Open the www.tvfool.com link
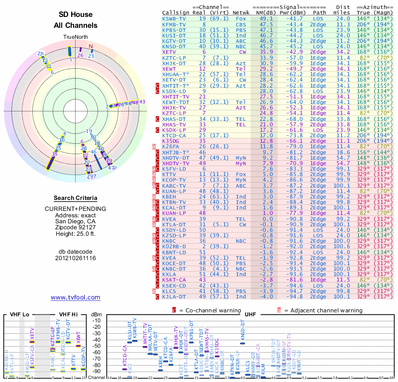[x=76, y=297]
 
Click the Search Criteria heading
[x=76, y=198]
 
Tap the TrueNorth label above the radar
[x=76, y=37]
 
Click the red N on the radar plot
[x=91, y=47]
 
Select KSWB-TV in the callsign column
[x=175, y=18]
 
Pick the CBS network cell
[x=241, y=24]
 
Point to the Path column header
[x=320, y=12]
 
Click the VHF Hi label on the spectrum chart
[x=68, y=314]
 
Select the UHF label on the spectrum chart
[x=251, y=314]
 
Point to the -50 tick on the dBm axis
[x=97, y=346]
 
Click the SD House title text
[x=76, y=15]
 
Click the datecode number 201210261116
[x=76, y=258]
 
